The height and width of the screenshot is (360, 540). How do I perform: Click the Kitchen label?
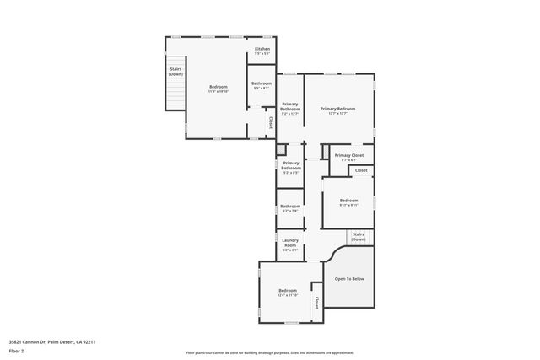(262, 49)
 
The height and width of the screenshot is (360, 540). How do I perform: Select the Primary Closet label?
(348, 155)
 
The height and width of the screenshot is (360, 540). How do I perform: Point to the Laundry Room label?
(290, 242)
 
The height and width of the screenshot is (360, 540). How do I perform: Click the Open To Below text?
(349, 279)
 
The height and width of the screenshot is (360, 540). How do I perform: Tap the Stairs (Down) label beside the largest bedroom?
(175, 72)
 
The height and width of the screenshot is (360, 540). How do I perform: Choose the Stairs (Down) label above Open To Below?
(359, 236)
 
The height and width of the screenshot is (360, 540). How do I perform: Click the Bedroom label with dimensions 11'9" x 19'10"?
(219, 88)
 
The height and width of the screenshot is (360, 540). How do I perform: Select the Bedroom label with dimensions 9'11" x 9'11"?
(348, 201)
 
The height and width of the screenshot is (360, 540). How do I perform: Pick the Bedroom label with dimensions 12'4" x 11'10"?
(288, 292)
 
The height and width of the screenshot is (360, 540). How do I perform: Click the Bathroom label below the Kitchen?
(261, 83)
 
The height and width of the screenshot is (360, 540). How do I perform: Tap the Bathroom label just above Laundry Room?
(290, 207)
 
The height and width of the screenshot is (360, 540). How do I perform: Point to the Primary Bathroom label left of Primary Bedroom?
(290, 106)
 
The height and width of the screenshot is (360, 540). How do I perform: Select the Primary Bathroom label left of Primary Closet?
(291, 165)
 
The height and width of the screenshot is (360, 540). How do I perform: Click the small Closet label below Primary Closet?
(360, 170)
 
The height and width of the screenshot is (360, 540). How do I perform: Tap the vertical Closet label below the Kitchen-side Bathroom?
(270, 122)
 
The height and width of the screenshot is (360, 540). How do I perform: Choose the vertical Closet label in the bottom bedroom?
(316, 301)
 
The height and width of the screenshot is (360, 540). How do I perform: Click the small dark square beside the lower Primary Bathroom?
(282, 151)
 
